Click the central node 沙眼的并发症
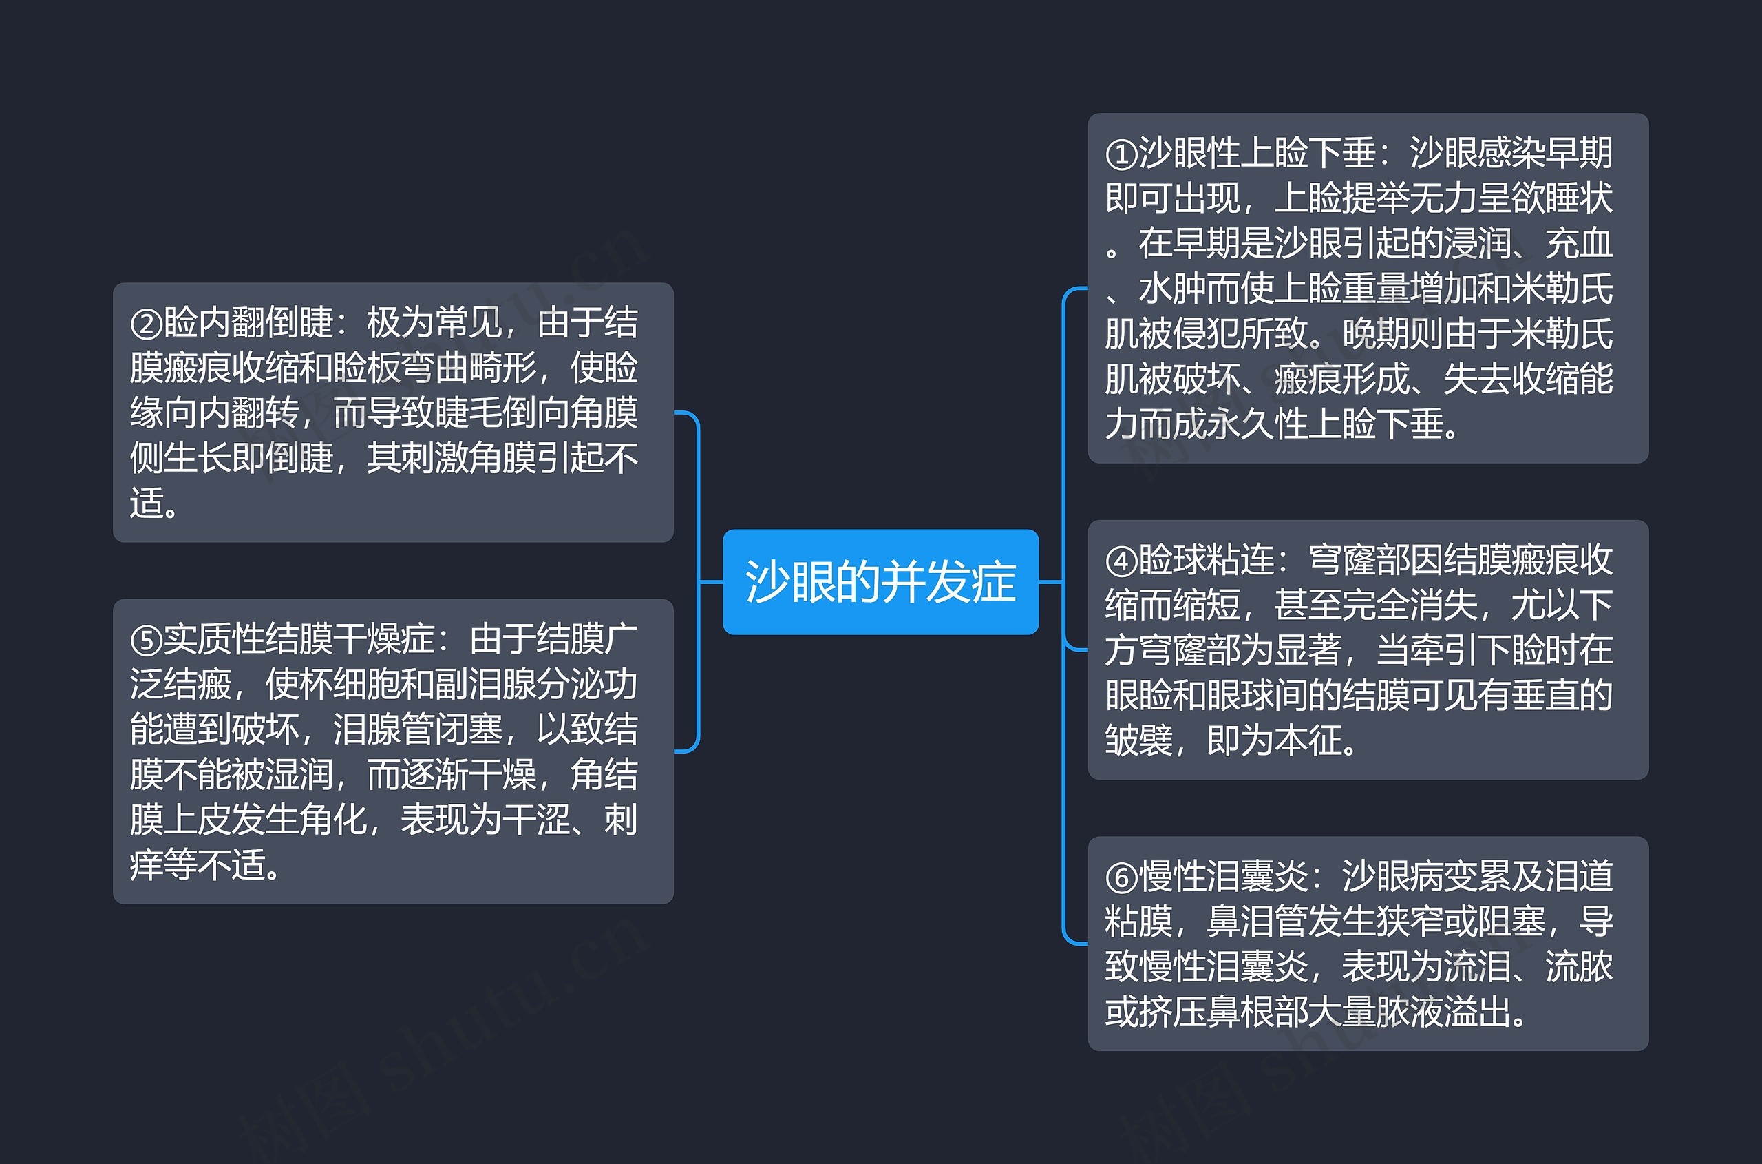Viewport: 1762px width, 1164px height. (x=880, y=581)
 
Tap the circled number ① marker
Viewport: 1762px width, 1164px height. (x=1121, y=154)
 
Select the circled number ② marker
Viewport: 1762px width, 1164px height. (x=145, y=324)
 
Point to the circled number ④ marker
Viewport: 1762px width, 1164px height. (x=1121, y=561)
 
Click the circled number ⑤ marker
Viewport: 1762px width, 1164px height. (x=145, y=640)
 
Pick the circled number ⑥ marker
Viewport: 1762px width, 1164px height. (x=1121, y=877)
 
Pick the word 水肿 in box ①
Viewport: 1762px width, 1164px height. (x=1171, y=289)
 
